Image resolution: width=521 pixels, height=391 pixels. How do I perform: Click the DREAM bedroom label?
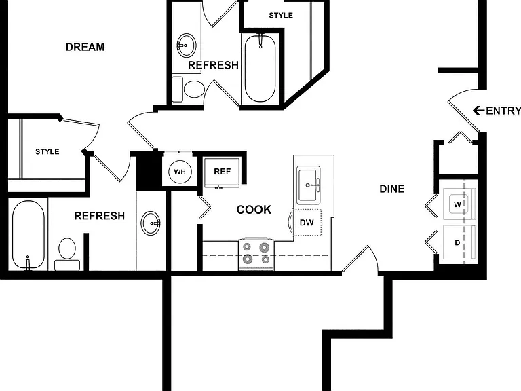(x=85, y=47)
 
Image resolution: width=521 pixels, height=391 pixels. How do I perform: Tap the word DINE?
(x=392, y=189)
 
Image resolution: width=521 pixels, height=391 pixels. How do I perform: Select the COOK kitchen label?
(x=254, y=210)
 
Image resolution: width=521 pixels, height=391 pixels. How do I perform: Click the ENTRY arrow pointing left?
(x=478, y=111)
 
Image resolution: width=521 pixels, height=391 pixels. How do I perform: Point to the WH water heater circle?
(x=180, y=172)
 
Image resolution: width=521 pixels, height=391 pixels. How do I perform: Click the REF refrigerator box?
(x=222, y=172)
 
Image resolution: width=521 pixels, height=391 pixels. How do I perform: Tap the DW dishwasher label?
(x=307, y=223)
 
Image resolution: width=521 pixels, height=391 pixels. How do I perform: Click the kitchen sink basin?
(x=308, y=185)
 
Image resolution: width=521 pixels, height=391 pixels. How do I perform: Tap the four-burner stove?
(x=256, y=254)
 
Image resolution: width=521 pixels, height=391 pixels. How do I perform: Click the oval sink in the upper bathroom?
(x=187, y=45)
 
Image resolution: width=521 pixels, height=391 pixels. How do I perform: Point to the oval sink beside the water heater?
(x=151, y=223)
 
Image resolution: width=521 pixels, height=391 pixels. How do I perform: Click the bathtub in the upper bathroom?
(x=260, y=68)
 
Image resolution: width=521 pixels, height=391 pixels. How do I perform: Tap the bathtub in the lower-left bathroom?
(x=28, y=235)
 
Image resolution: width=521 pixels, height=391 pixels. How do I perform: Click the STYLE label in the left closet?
(x=47, y=151)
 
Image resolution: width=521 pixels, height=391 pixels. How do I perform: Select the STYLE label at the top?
(x=281, y=16)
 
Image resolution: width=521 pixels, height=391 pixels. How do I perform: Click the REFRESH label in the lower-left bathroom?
(x=99, y=216)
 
